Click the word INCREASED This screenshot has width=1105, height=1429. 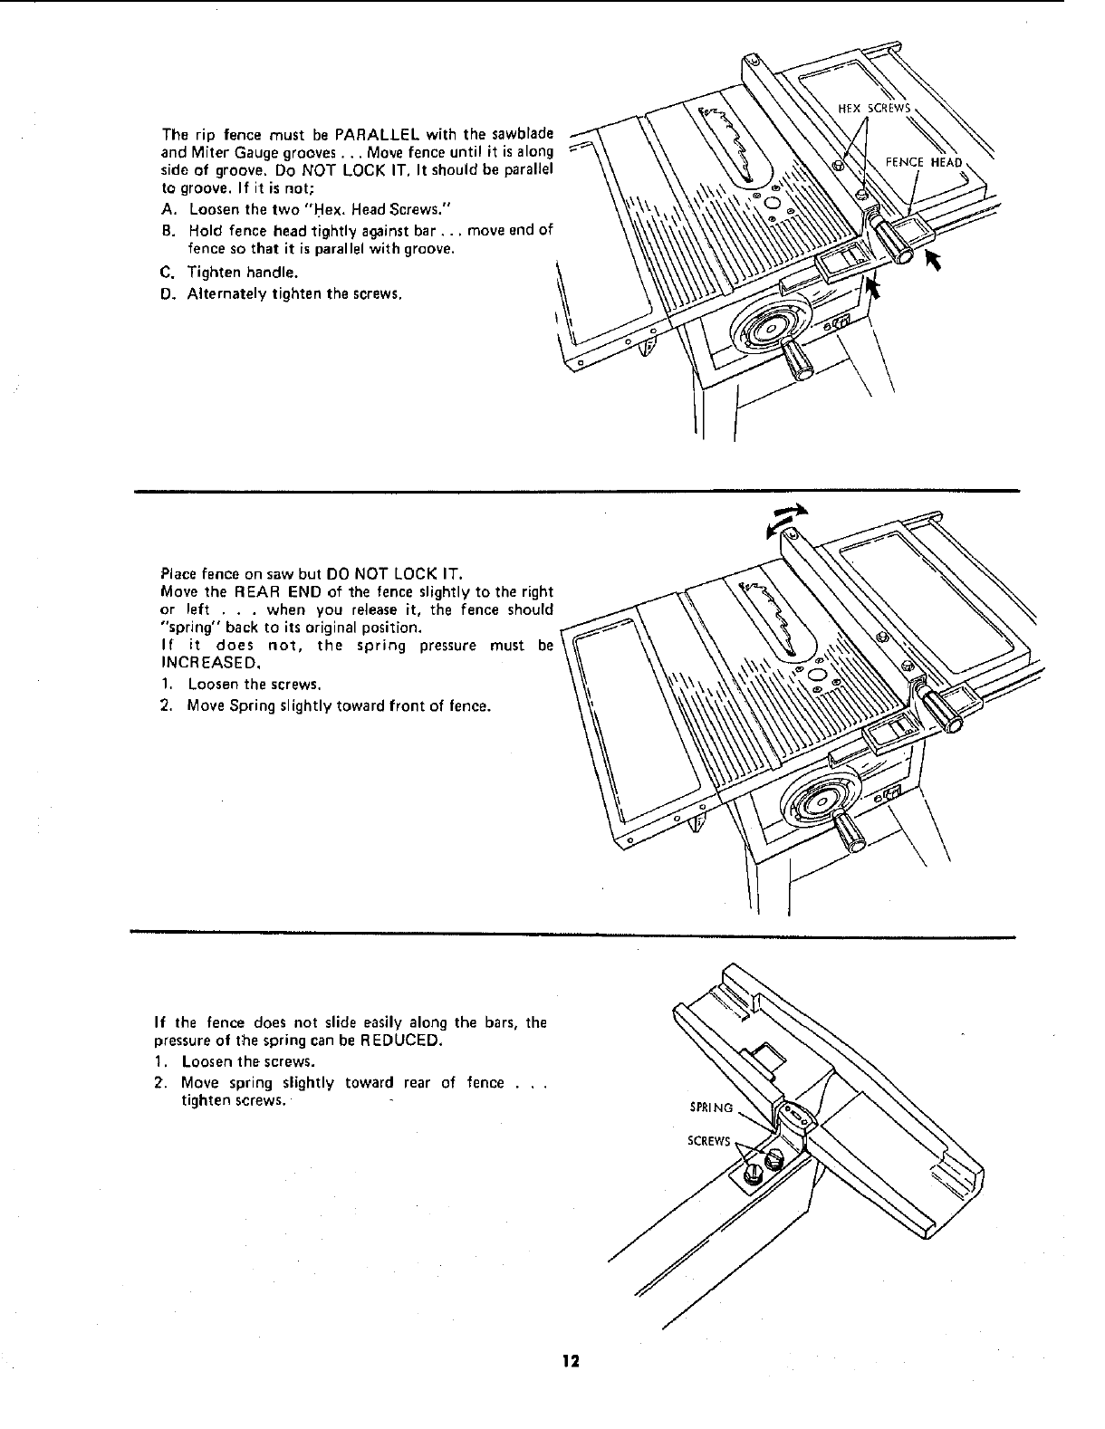(x=198, y=661)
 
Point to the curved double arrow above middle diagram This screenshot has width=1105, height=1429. (x=783, y=519)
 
